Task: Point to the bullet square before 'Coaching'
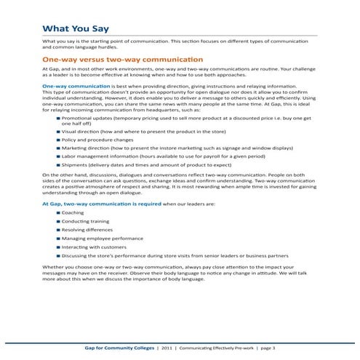[57, 212]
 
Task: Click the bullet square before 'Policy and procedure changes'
[57, 136]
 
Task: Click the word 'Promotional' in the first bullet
[77, 116]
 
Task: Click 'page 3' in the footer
[267, 348]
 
